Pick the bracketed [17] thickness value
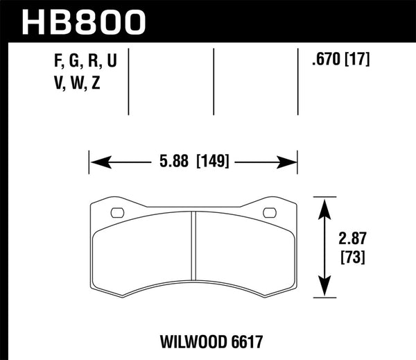tap(358, 60)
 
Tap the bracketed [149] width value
tap(213, 164)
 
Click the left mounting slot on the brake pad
tap(116, 212)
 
